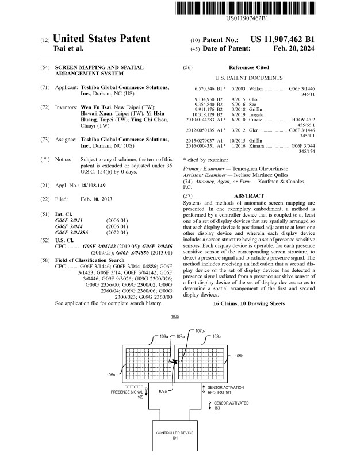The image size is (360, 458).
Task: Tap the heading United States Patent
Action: point(101,40)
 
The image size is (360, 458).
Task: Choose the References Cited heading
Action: point(248,68)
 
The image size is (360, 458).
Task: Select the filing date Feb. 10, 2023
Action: point(97,199)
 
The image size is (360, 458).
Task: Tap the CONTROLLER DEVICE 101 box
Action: point(174,434)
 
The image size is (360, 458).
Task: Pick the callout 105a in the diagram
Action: point(112,374)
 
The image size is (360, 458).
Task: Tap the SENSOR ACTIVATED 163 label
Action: point(228,407)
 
